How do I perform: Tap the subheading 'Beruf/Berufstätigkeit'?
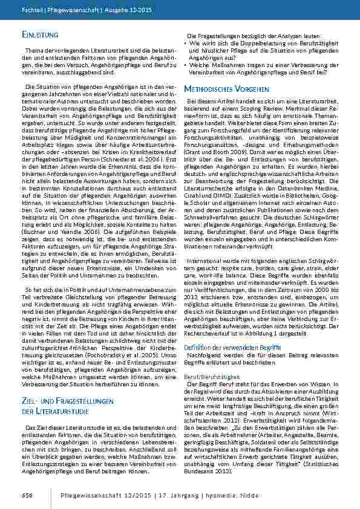click(208, 376)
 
